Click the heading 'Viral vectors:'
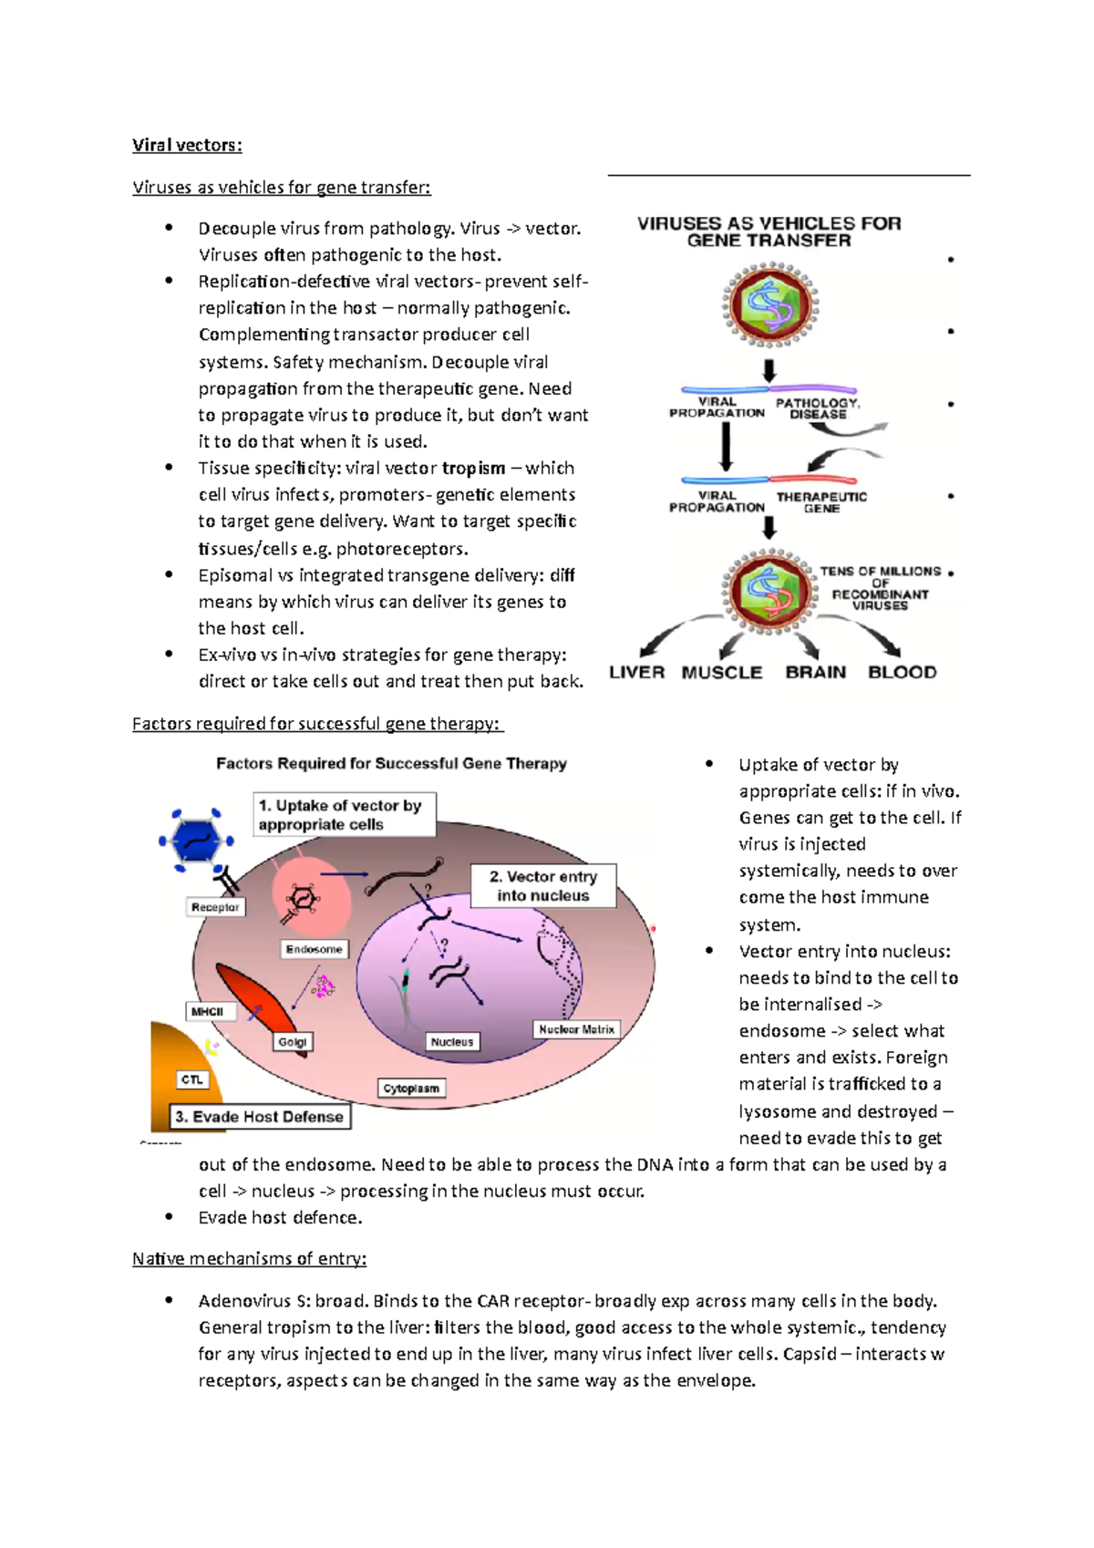[x=187, y=145]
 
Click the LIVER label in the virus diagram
[x=636, y=673]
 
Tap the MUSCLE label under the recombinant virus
[x=721, y=673]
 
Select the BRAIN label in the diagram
[x=815, y=673]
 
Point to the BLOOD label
[x=902, y=673]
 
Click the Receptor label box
[x=215, y=907]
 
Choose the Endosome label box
[x=314, y=949]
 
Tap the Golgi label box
[x=293, y=1042]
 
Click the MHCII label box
[x=208, y=1012]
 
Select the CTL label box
[x=191, y=1080]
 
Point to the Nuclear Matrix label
[x=576, y=1029]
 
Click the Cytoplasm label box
[x=411, y=1089]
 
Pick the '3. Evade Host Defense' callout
[x=260, y=1117]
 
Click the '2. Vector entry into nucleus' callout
[x=543, y=886]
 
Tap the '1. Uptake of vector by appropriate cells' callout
[x=343, y=815]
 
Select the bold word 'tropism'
[x=473, y=469]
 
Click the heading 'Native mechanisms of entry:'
[x=249, y=1259]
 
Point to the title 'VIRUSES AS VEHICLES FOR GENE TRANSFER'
[x=769, y=232]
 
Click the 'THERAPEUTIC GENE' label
[x=821, y=502]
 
